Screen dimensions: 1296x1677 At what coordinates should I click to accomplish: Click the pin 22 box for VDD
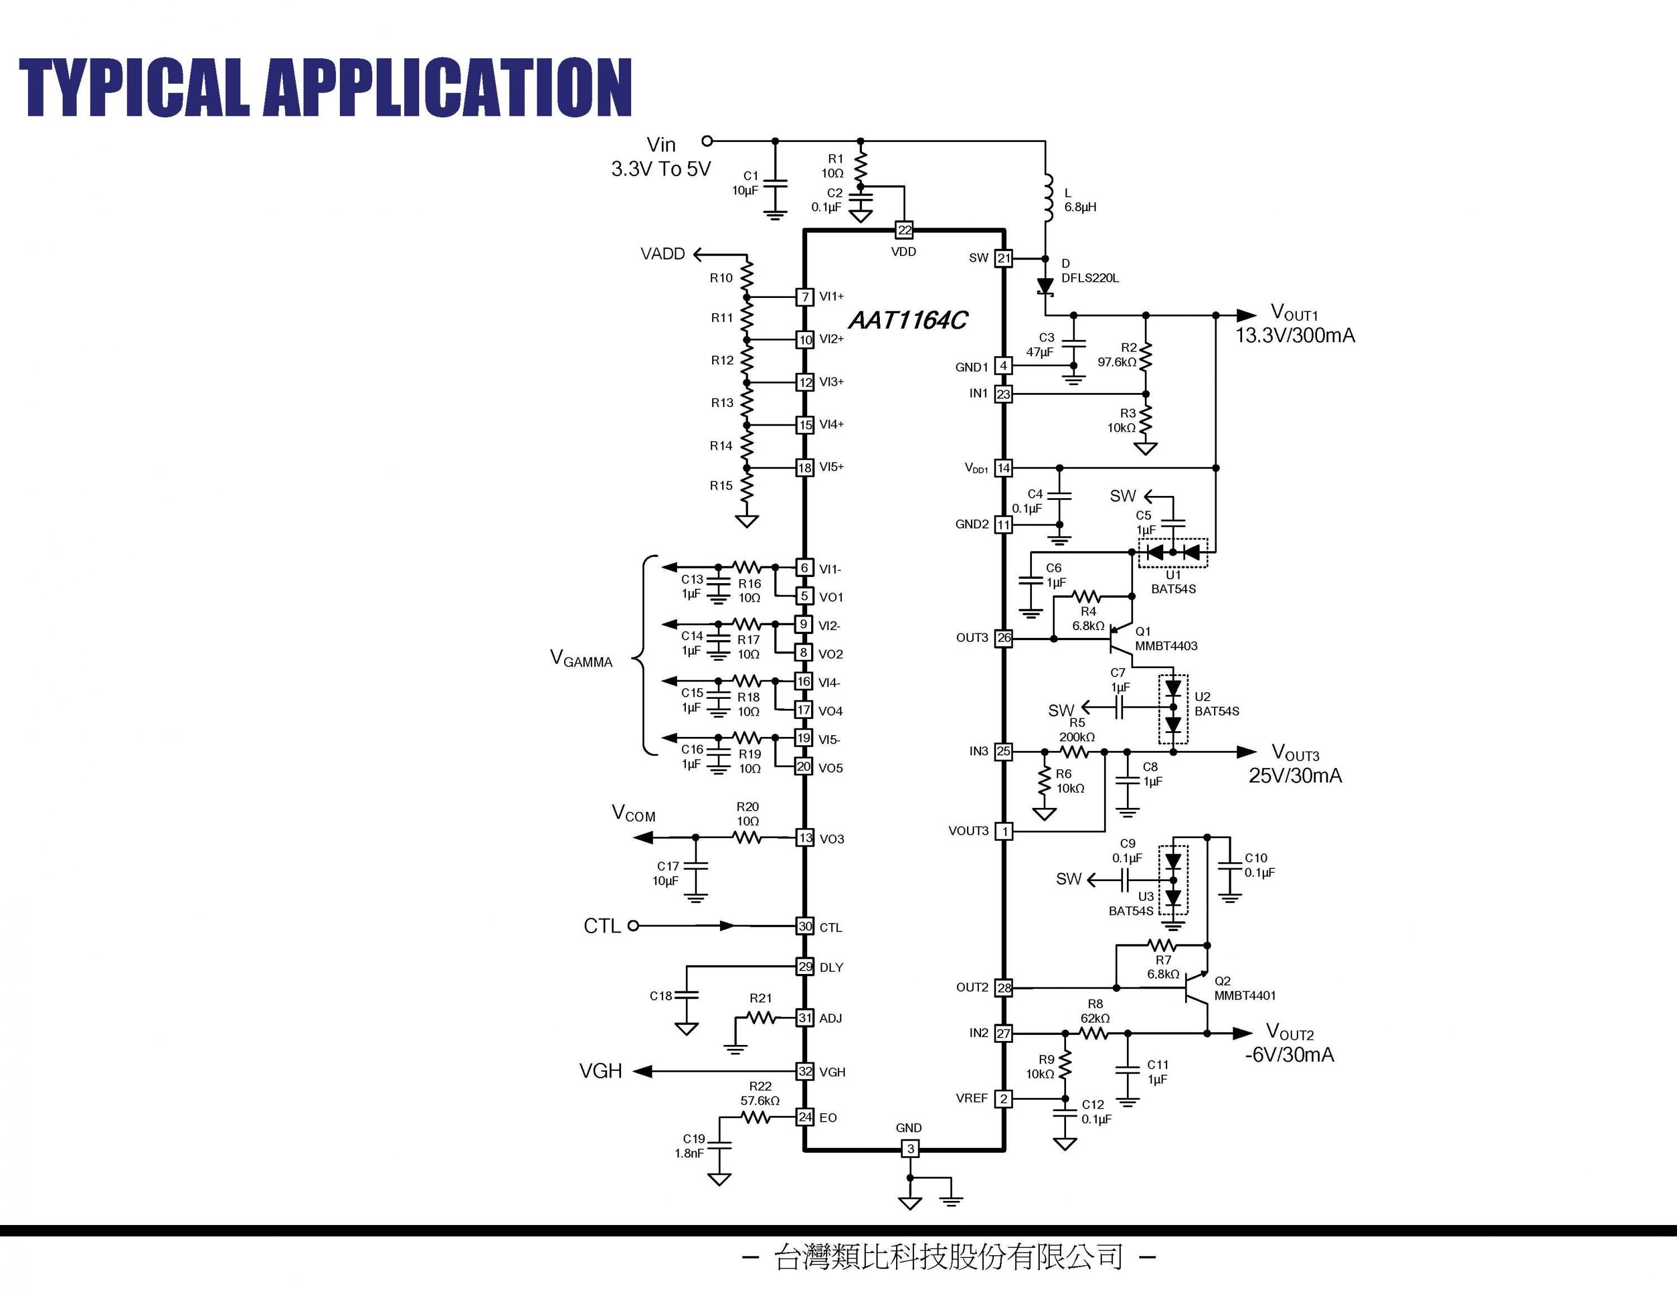(904, 230)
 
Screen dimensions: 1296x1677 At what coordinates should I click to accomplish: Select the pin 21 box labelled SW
(1003, 258)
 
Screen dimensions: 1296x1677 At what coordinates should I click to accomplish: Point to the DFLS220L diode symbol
(1045, 286)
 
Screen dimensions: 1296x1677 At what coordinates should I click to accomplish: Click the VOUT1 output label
(1294, 313)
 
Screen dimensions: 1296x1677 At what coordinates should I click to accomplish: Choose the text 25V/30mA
(1295, 775)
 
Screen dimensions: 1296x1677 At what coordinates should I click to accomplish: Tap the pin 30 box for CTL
(805, 926)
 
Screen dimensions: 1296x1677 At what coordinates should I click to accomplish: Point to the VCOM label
(633, 814)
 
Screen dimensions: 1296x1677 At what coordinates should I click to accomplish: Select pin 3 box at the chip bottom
(910, 1150)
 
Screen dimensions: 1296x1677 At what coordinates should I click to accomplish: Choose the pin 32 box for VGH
(805, 1071)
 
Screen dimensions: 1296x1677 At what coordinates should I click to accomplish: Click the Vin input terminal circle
(707, 141)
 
